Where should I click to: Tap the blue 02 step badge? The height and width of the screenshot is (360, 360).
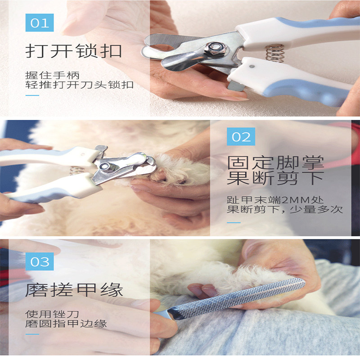coord(241,137)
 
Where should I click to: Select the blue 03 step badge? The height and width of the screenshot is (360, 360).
coord(40,261)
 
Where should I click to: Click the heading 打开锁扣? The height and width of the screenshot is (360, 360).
coord(74,50)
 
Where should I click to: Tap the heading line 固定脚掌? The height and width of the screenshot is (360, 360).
coord(275,162)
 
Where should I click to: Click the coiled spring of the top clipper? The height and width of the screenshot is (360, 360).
coord(274,53)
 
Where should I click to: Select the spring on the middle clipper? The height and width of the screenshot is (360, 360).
coord(77,171)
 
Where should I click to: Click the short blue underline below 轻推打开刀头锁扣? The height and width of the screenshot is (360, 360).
coord(32,96)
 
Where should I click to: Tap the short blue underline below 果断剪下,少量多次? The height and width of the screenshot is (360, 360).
coord(234,222)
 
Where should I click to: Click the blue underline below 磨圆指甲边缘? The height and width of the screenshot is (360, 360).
coord(32,334)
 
